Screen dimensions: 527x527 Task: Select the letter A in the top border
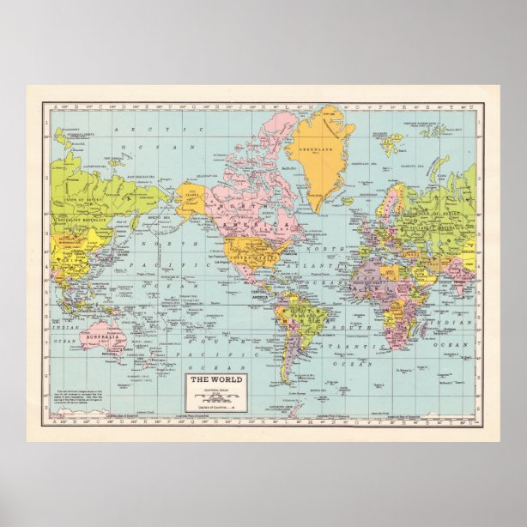[x=58, y=107]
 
